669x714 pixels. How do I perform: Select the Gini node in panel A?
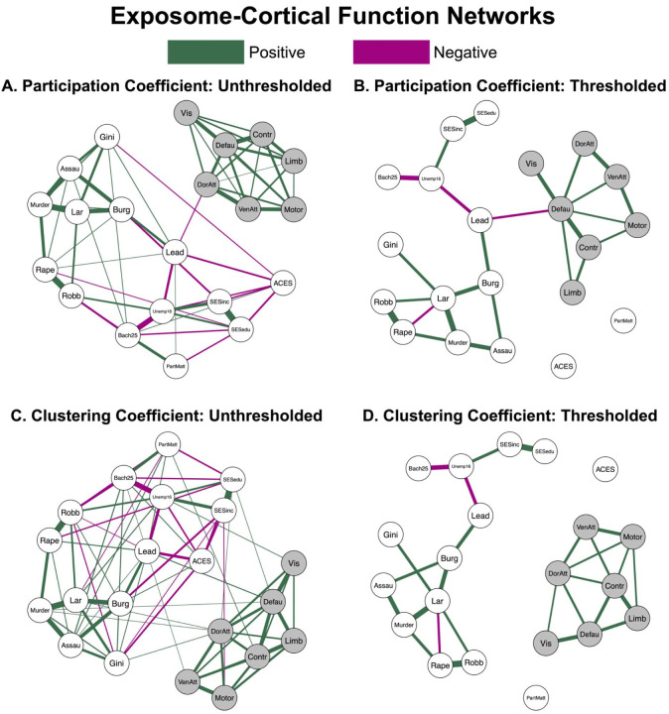108,136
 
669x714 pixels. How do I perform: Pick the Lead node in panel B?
481,222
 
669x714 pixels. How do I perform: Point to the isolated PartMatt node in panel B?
623,320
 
